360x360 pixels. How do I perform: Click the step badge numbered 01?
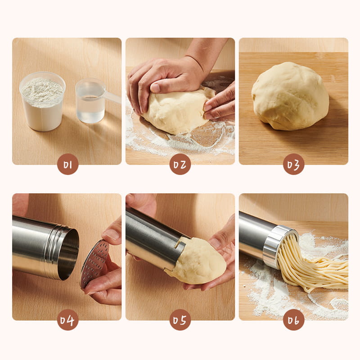pos(68,164)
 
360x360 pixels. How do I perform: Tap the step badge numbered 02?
pos(180,164)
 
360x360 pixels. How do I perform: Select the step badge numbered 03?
pos(294,164)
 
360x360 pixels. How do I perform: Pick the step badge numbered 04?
pos(68,320)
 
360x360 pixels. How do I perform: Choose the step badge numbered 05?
pos(180,320)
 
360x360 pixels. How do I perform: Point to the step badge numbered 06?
pos(294,320)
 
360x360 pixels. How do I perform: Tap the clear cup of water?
pos(90,101)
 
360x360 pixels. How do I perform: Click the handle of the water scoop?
pos(112,96)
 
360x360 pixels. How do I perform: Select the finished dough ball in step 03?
pos(290,96)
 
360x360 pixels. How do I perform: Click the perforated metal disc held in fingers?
pos(94,264)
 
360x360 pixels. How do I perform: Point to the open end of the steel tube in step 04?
pos(69,254)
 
